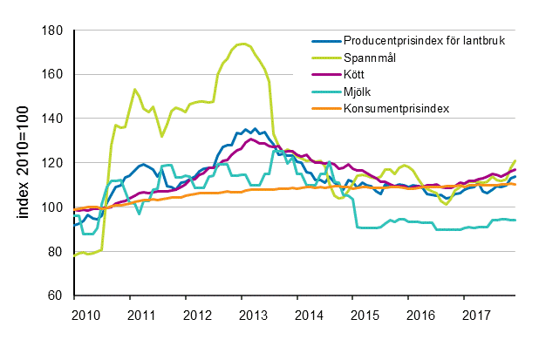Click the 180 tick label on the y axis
click(54, 31)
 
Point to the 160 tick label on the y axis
click(54, 75)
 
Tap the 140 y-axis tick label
click(54, 119)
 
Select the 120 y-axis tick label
click(54, 163)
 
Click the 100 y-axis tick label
click(54, 207)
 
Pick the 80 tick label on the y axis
click(57, 252)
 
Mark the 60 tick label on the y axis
click(57, 295)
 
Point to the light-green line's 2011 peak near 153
click(135, 89)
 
